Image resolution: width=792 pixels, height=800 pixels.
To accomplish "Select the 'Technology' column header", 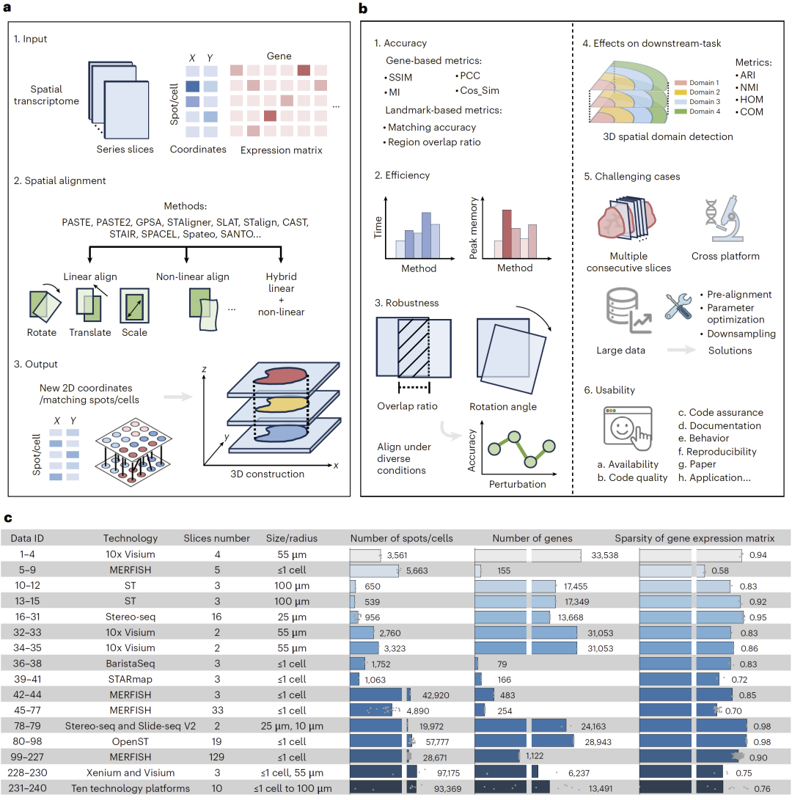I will pos(131,538).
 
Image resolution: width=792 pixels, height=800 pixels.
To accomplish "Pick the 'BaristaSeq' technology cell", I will pos(131,664).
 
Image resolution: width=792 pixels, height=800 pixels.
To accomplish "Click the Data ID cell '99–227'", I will pos(26,757).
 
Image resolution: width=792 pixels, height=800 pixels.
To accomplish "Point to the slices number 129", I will pos(216,757).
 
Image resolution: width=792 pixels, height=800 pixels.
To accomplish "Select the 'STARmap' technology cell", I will pos(131,679).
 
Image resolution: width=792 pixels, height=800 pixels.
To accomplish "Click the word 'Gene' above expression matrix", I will pos(279,56).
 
